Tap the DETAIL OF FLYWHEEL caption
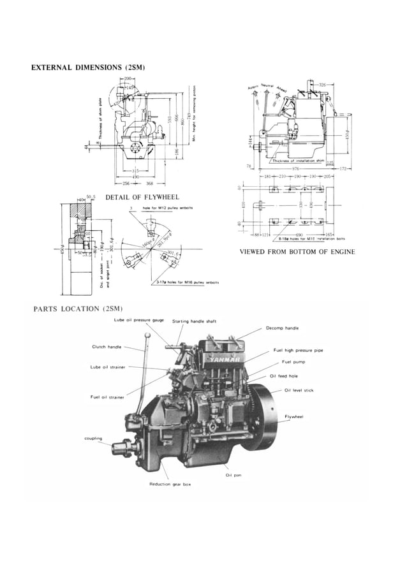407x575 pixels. tap(142, 197)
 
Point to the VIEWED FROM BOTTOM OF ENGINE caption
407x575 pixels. tap(297, 252)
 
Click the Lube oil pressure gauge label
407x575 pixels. tap(139, 320)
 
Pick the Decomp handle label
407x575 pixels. tap(283, 328)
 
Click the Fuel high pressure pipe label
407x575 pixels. tap(298, 351)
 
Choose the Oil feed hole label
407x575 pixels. tap(284, 376)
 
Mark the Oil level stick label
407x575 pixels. tap(299, 389)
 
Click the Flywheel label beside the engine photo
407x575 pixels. tap(293, 416)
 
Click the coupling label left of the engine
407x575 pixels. tap(93, 438)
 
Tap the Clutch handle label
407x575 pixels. tap(107, 347)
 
